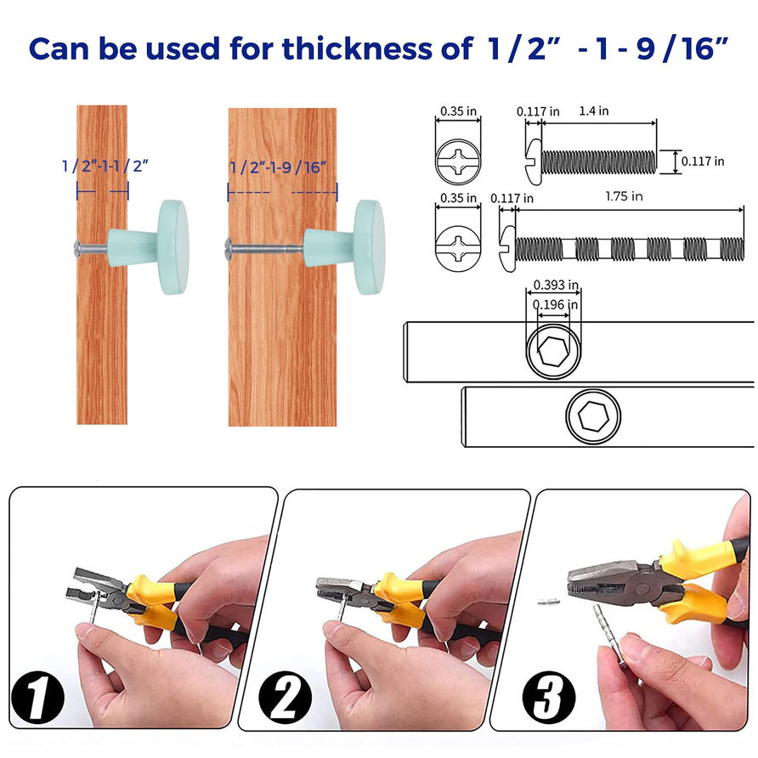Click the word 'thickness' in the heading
(357, 48)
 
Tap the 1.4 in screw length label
(594, 111)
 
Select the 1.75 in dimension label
(624, 196)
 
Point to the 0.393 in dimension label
(556, 285)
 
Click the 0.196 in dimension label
(555, 304)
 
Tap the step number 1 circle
(37, 697)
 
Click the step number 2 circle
(285, 697)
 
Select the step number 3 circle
(549, 697)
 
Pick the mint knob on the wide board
(344, 246)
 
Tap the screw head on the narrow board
(76, 247)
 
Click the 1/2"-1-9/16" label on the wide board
(279, 167)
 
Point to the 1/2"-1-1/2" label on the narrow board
(105, 166)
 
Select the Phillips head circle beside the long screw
(458, 248)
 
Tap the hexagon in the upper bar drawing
(553, 350)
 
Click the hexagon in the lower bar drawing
(593, 416)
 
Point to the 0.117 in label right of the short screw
(703, 161)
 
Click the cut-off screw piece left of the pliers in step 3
(549, 602)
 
